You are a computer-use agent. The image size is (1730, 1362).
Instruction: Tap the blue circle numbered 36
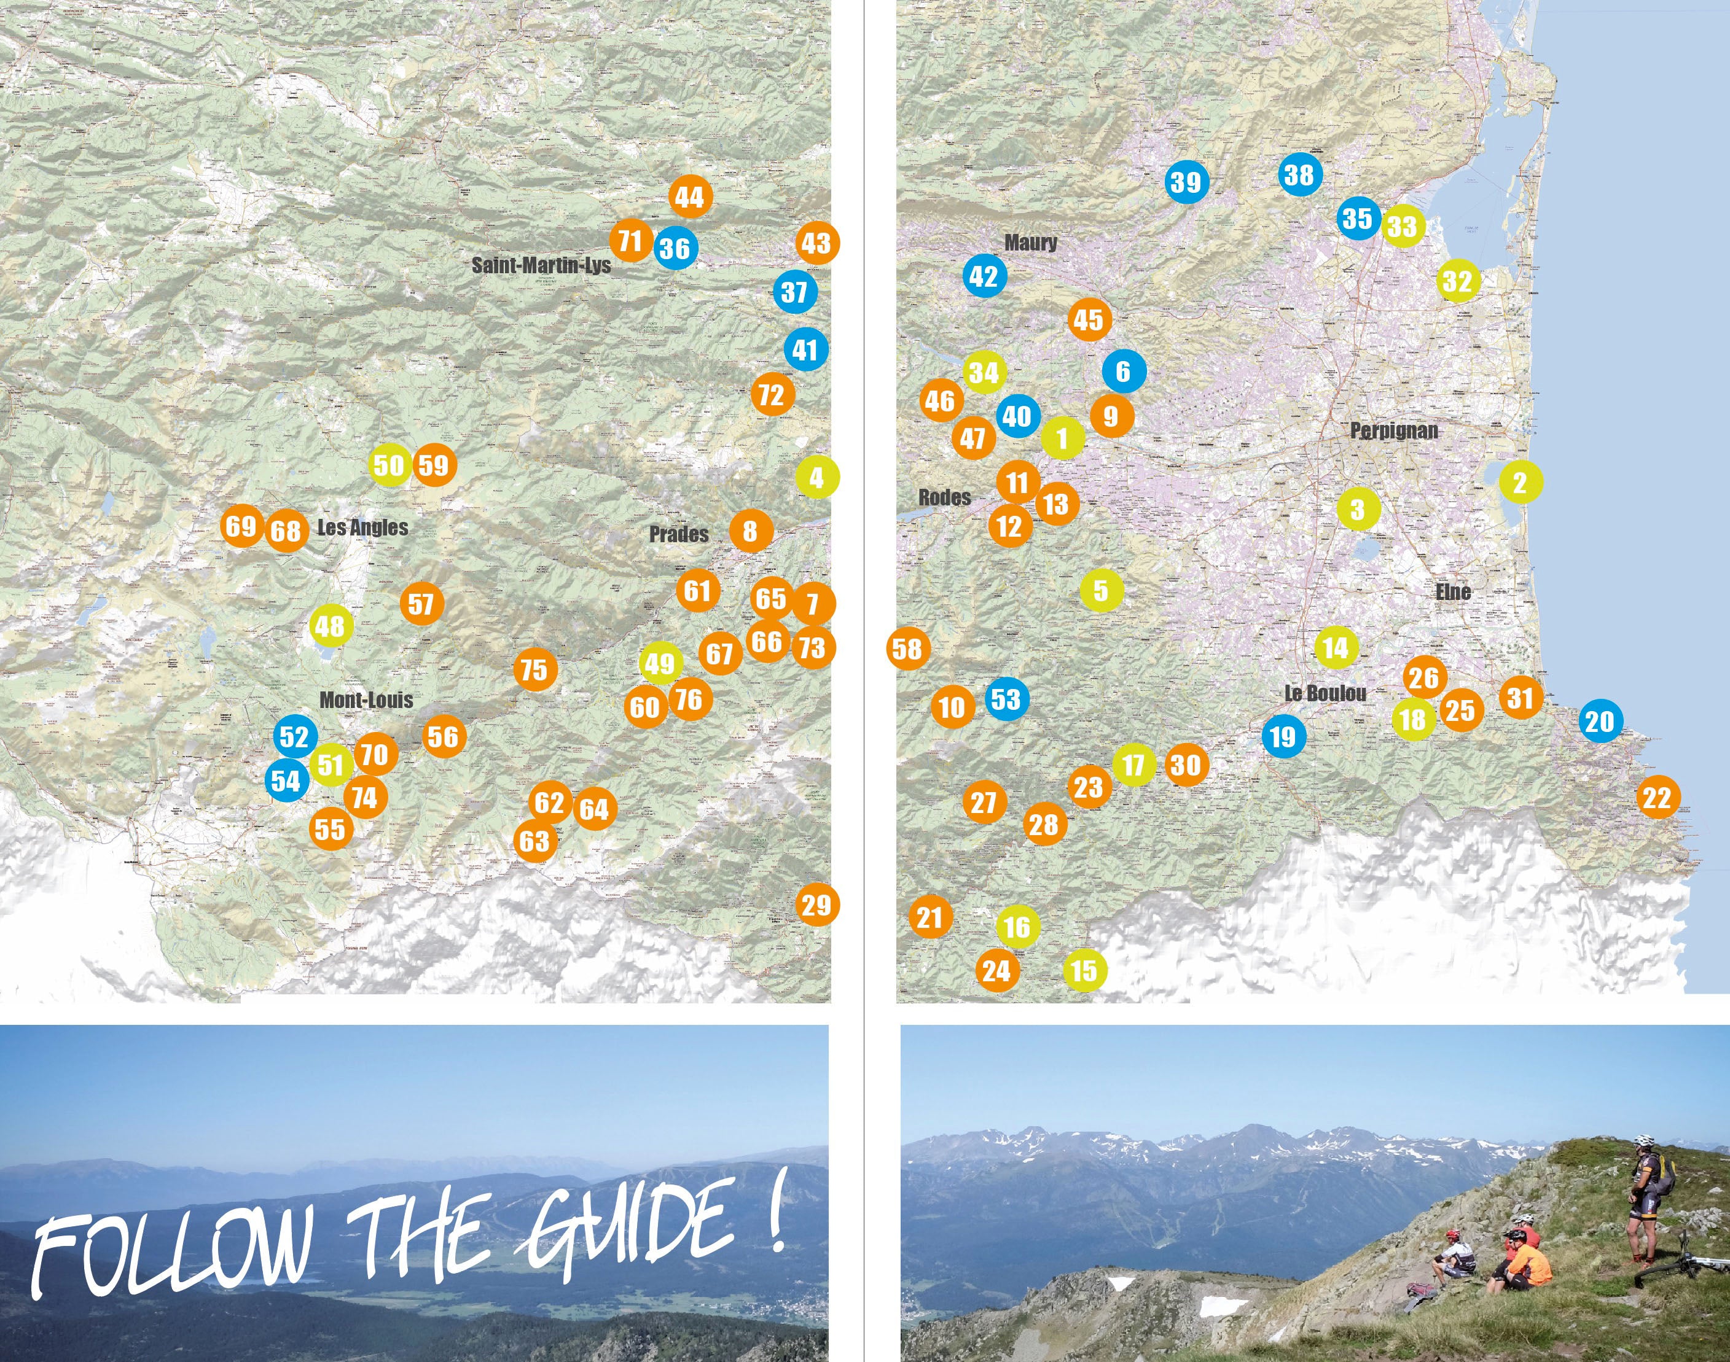[x=676, y=248]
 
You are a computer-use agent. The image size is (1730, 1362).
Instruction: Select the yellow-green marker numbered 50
[x=390, y=465]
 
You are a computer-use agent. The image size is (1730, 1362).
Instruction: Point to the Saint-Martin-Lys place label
[x=541, y=265]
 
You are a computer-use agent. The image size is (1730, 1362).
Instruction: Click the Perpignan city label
[x=1393, y=430]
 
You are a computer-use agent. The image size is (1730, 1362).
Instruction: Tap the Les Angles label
[x=363, y=527]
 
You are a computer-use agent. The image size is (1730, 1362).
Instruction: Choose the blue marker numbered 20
[x=1600, y=721]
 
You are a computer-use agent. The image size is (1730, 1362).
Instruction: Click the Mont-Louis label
[x=366, y=700]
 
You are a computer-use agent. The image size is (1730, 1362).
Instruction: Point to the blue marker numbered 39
[x=1186, y=182]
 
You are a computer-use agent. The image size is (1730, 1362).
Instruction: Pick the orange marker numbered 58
[x=907, y=649]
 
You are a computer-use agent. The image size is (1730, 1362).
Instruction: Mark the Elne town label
[x=1452, y=592]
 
